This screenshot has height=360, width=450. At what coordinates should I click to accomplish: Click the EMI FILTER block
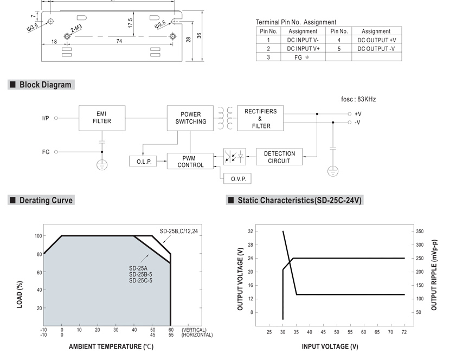pos(102,118)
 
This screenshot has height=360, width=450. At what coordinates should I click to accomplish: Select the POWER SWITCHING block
pos(190,118)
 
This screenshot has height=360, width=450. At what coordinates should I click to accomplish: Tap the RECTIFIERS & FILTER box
pos(260,118)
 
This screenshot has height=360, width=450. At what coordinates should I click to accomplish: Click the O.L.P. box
pos(143,162)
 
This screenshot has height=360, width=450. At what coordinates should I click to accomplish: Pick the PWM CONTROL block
pos(190,161)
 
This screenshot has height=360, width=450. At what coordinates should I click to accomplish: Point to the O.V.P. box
pos(237,178)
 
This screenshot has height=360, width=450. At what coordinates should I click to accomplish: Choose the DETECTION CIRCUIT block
pos(279,157)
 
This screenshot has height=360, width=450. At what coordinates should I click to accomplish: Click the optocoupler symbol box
pos(235,157)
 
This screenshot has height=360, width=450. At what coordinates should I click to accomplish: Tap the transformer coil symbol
pos(226,118)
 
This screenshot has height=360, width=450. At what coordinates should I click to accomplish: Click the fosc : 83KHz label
pos(358,99)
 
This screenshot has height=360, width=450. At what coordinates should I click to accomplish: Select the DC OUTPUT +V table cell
pos(376,40)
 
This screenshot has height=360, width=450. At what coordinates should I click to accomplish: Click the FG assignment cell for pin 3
pos(303,57)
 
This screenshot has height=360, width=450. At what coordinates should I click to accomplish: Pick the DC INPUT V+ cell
pos(303,48)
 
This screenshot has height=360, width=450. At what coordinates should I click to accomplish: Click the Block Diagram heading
pos(45,85)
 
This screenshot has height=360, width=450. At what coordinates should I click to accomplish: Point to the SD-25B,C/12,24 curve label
pos(179,231)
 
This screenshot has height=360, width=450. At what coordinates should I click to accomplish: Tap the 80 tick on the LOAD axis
pos(39,254)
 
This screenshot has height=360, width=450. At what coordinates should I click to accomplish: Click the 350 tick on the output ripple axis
pos(420,232)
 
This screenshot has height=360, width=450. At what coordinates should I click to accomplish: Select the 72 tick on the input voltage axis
pos(404,332)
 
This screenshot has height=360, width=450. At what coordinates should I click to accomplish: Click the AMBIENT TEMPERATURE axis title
pos(111,346)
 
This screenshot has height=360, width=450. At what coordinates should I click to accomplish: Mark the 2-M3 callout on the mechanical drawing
pos(76,28)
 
